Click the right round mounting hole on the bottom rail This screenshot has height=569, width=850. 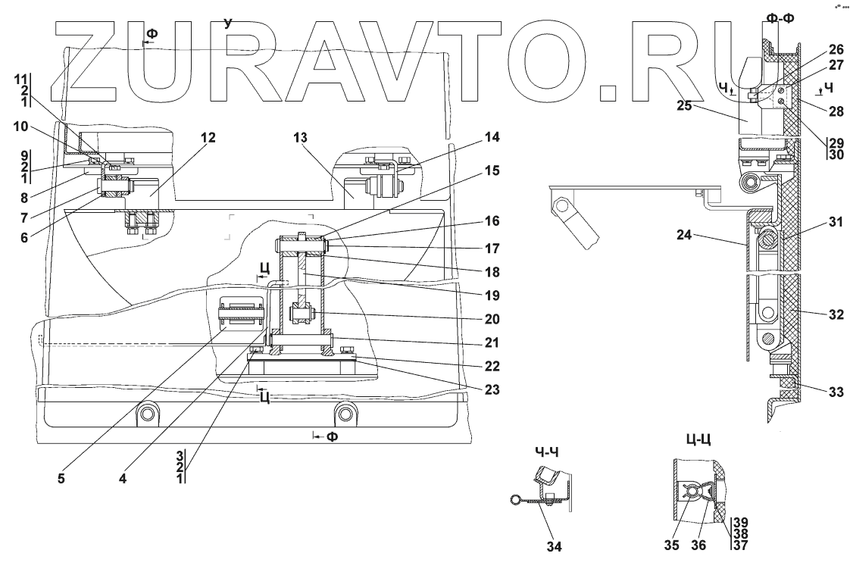[x=346, y=413]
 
